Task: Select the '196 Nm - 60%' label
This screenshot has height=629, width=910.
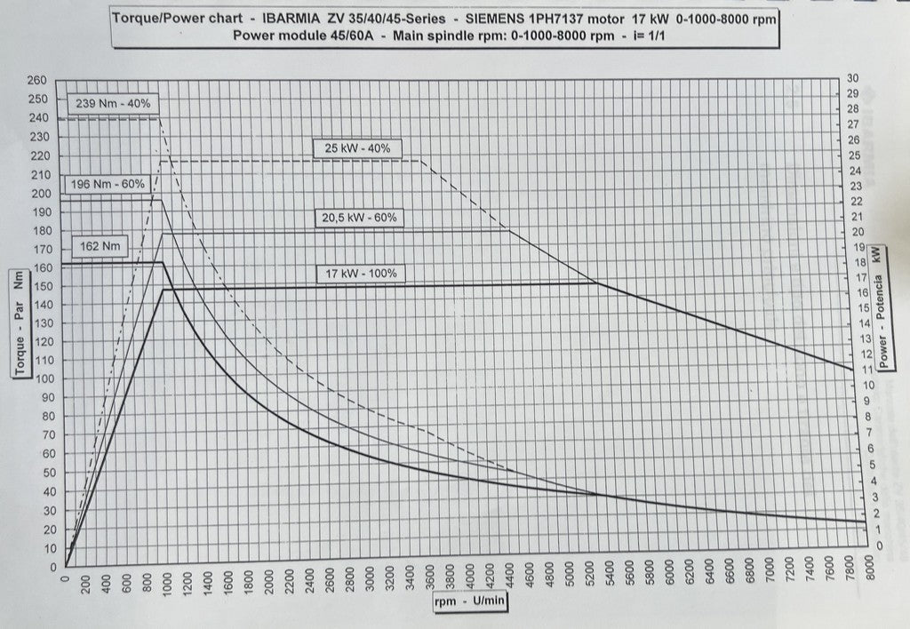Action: pos(107,185)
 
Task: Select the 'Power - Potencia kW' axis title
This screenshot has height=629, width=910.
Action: pos(880,306)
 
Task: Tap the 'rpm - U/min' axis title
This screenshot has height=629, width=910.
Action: pos(470,601)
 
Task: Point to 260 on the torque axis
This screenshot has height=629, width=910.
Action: pos(38,80)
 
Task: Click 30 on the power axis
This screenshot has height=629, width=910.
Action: pos(853,78)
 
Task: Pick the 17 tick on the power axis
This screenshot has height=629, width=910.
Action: pos(855,277)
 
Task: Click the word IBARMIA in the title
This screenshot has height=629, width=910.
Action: pos(294,17)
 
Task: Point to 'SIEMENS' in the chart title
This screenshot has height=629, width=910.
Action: pos(499,17)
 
